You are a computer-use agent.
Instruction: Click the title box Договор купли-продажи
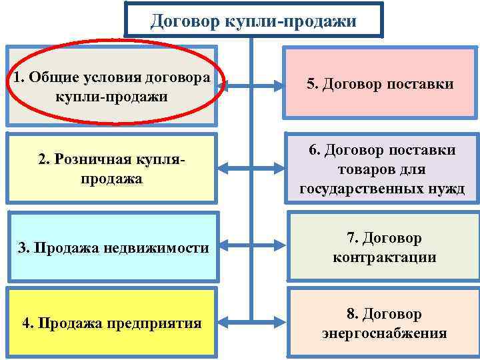click(x=253, y=20)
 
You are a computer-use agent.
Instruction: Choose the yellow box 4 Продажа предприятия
click(x=111, y=323)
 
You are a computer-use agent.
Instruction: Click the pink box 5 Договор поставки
click(x=380, y=84)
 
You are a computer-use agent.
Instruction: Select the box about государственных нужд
click(x=382, y=169)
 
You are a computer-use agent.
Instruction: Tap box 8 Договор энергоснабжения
click(x=383, y=323)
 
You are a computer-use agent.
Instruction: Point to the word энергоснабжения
click(x=384, y=333)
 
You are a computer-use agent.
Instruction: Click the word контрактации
click(x=384, y=257)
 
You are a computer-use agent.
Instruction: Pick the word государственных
click(x=366, y=189)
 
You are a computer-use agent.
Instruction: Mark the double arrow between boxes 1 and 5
click(x=252, y=85)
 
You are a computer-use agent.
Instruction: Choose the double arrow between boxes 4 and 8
click(x=252, y=323)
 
